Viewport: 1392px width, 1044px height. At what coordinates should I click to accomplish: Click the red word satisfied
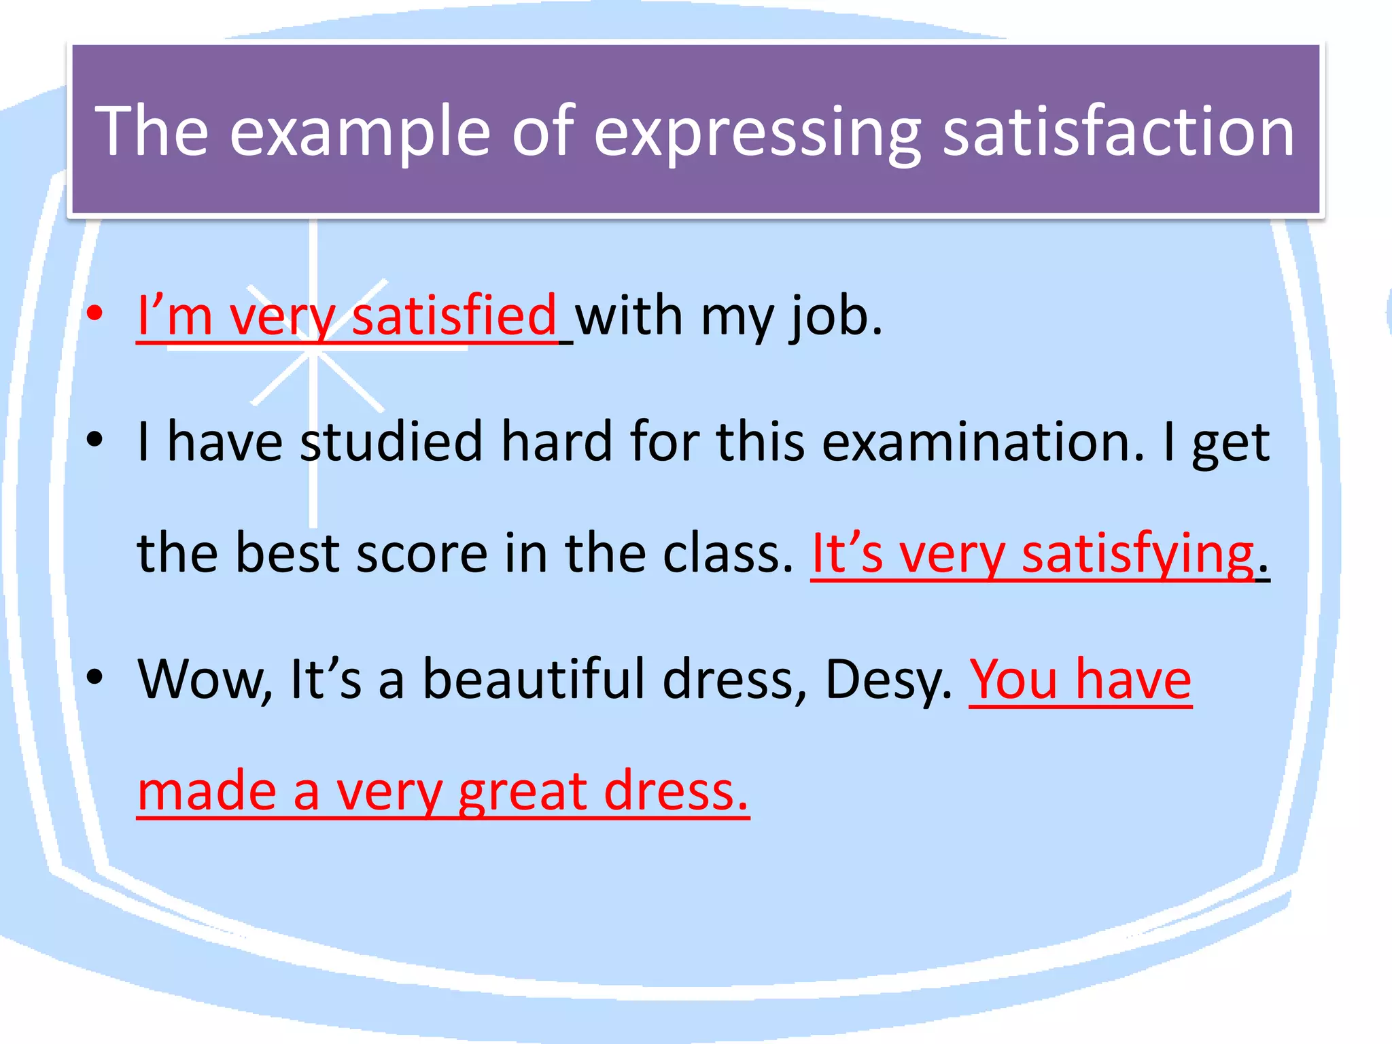click(454, 316)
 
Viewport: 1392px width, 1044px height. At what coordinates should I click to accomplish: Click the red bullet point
click(95, 314)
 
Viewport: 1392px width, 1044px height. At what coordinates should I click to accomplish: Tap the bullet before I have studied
click(95, 439)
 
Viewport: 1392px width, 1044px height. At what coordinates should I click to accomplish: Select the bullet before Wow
click(95, 677)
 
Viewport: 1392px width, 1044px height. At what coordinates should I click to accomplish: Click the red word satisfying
click(1138, 555)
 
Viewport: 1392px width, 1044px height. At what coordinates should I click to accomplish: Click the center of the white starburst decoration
click(314, 353)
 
